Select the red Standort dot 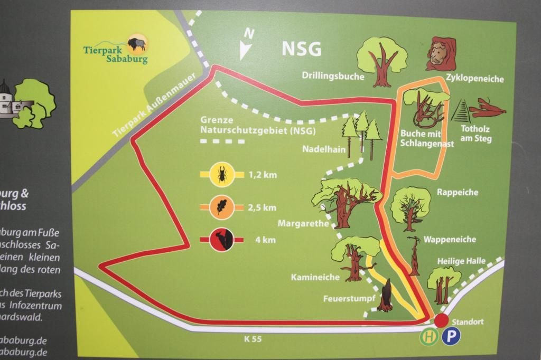(x=442, y=320)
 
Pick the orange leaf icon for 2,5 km (x=221, y=206)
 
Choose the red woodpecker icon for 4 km (x=221, y=240)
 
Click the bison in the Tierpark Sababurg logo (x=137, y=43)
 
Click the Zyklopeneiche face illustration (x=441, y=54)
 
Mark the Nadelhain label (x=323, y=149)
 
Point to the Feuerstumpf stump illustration (x=386, y=296)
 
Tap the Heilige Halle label (x=458, y=261)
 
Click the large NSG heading (x=301, y=49)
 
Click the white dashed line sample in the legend (x=222, y=141)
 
